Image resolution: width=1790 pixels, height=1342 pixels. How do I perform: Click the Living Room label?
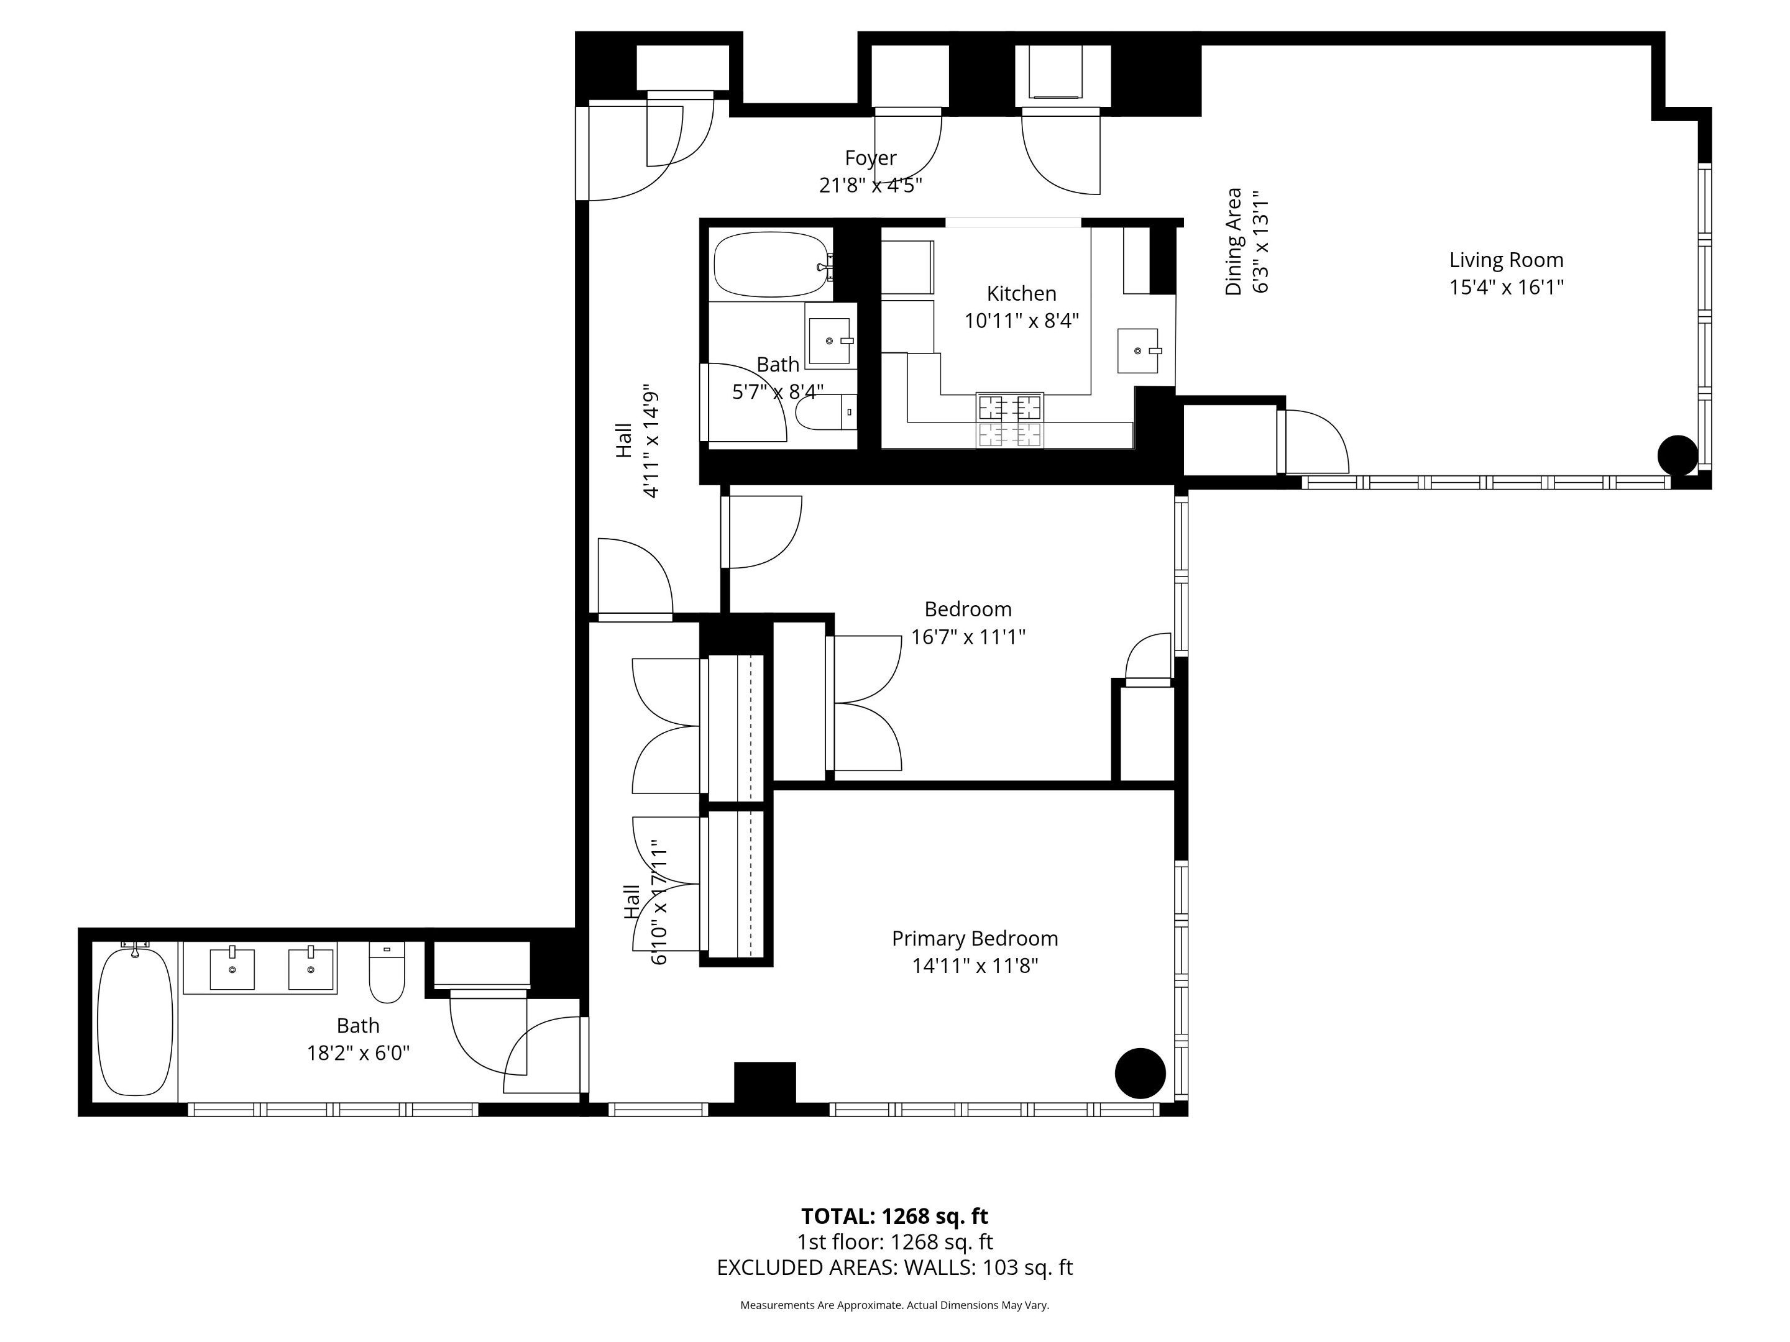click(x=1505, y=260)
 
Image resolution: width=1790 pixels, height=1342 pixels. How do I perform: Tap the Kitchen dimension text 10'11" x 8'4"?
click(x=1021, y=321)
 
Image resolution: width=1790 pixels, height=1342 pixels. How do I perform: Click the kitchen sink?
click(x=1138, y=351)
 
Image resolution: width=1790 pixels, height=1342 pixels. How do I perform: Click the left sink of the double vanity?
click(x=232, y=968)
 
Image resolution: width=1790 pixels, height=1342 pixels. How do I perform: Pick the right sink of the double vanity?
click(x=311, y=968)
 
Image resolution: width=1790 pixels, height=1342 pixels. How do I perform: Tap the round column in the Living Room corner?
click(x=1677, y=455)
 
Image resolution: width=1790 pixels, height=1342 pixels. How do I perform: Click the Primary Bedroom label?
click(x=975, y=938)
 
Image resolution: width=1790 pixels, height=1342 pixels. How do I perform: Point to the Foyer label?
click(x=871, y=158)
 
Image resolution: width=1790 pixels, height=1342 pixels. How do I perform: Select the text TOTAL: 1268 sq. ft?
click(x=894, y=1216)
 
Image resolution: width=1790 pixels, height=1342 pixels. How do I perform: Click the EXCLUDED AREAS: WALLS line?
click(x=894, y=1267)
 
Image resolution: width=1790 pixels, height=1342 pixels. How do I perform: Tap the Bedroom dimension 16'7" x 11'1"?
click(x=968, y=637)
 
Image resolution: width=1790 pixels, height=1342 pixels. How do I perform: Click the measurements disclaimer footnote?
click(x=894, y=1305)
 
